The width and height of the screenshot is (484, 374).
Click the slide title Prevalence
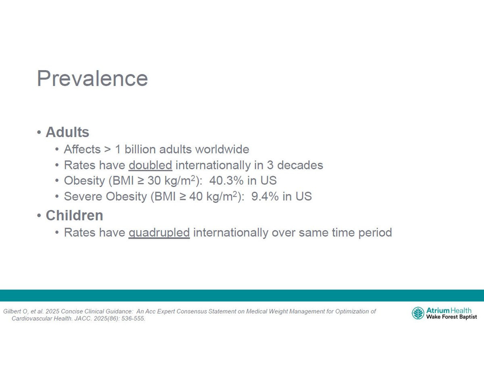point(92,78)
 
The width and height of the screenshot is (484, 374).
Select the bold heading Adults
point(67,132)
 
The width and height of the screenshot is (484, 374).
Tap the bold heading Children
point(74,215)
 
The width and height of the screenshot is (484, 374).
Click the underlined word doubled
point(150,165)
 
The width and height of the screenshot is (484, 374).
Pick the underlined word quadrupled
point(159,233)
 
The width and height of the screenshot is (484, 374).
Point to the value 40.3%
point(226,181)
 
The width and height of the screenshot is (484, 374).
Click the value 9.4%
point(265,196)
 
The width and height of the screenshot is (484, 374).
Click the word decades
point(300,165)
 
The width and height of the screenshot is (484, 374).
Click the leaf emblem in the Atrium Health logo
point(418,313)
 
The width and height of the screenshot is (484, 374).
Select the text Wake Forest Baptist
point(451,317)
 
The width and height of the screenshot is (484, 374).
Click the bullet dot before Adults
point(39,132)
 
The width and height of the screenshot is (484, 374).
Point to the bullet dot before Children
point(39,216)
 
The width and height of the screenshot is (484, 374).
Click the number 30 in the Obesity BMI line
point(154,181)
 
